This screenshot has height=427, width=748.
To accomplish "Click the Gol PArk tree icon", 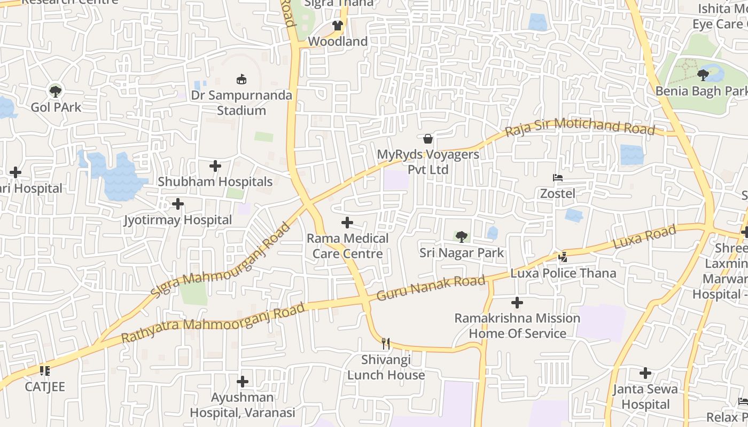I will point(55,91).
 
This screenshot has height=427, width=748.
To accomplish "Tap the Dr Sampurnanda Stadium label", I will point(241,103).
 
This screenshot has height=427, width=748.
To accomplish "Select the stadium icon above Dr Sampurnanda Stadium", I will point(241,80).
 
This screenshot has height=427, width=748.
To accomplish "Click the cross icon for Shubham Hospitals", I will point(215,166).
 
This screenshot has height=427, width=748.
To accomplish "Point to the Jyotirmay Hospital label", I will point(178,220).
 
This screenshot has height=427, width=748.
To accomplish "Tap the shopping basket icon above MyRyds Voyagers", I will point(428,139).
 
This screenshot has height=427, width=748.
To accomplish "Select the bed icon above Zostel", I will point(558,178).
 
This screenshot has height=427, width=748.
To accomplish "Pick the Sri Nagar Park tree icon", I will point(462,236).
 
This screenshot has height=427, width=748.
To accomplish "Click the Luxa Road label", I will point(644,238).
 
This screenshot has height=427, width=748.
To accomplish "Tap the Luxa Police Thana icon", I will point(563,257).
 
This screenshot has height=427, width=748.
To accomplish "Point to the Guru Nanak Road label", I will point(431,287).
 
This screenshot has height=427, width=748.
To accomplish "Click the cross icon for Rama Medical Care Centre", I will point(347,223).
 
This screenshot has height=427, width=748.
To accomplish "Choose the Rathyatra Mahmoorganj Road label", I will point(213,323).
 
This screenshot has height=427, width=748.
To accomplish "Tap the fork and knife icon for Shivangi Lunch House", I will point(386,343).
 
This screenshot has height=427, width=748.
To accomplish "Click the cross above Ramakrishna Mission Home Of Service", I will point(517,303).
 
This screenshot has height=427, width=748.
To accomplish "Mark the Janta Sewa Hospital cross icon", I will point(645,373).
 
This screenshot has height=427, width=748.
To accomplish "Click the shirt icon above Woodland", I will point(337,25).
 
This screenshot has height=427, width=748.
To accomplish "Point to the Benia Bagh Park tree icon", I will point(703,75).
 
